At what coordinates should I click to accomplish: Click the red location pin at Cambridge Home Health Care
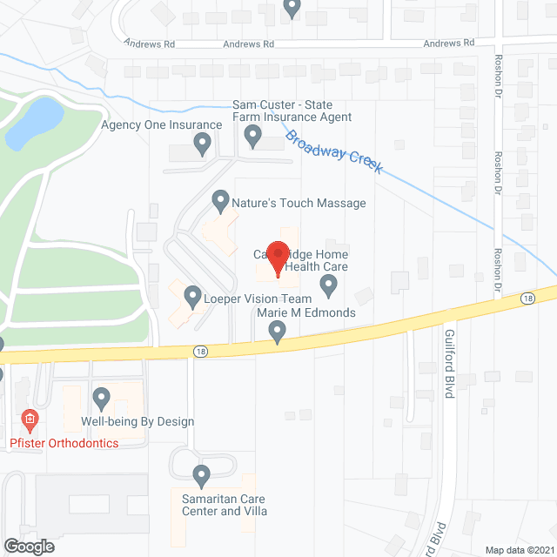click(x=278, y=258)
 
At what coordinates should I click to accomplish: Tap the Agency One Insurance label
click(x=162, y=125)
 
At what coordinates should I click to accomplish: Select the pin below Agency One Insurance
click(x=203, y=144)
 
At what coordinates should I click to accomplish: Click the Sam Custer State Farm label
click(x=292, y=111)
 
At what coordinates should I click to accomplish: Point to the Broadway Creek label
click(x=335, y=152)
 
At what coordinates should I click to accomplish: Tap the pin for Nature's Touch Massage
click(x=220, y=202)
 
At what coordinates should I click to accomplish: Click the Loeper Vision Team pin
click(x=192, y=298)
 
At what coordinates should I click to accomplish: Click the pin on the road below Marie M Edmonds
click(x=278, y=332)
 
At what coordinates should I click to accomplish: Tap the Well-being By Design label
click(x=138, y=421)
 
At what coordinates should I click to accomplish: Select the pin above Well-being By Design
click(x=102, y=399)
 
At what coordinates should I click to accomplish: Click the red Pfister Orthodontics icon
click(x=29, y=420)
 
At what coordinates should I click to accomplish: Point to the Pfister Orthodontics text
click(x=64, y=443)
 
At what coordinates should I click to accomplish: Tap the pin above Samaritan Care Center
click(x=201, y=476)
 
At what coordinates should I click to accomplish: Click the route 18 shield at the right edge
click(x=527, y=298)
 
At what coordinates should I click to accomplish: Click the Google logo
click(x=28, y=546)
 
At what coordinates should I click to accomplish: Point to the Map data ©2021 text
click(x=519, y=549)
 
